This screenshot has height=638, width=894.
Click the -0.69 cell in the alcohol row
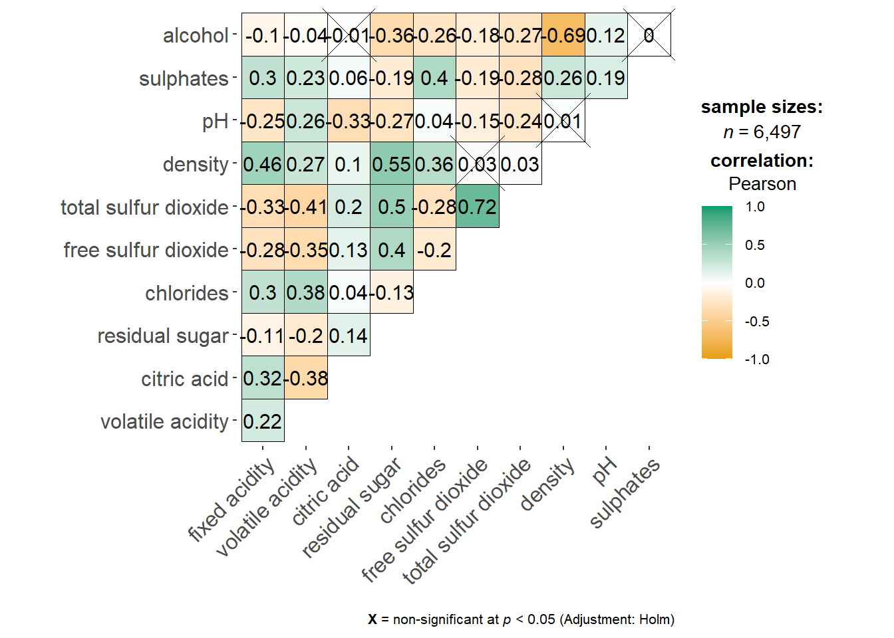(563, 35)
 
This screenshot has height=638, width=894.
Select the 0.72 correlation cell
(478, 207)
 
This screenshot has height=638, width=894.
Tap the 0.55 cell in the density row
(392, 164)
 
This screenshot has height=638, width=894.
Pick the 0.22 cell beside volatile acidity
(263, 421)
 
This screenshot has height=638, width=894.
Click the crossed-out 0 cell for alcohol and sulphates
(649, 35)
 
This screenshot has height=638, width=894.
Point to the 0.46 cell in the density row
(263, 164)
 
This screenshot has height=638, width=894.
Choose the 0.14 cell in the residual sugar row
(349, 336)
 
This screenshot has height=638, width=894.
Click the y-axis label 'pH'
(215, 122)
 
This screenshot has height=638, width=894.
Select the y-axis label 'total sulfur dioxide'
(144, 207)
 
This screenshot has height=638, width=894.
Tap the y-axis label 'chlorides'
(186, 293)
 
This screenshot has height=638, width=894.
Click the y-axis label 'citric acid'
(184, 379)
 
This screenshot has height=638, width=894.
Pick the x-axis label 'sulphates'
(625, 492)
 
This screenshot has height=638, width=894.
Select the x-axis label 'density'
(547, 484)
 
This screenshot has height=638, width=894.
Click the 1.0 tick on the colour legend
(755, 207)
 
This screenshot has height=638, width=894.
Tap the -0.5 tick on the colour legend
(757, 322)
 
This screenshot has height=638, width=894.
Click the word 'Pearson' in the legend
(762, 184)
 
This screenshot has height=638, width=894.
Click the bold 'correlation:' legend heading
(762, 161)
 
